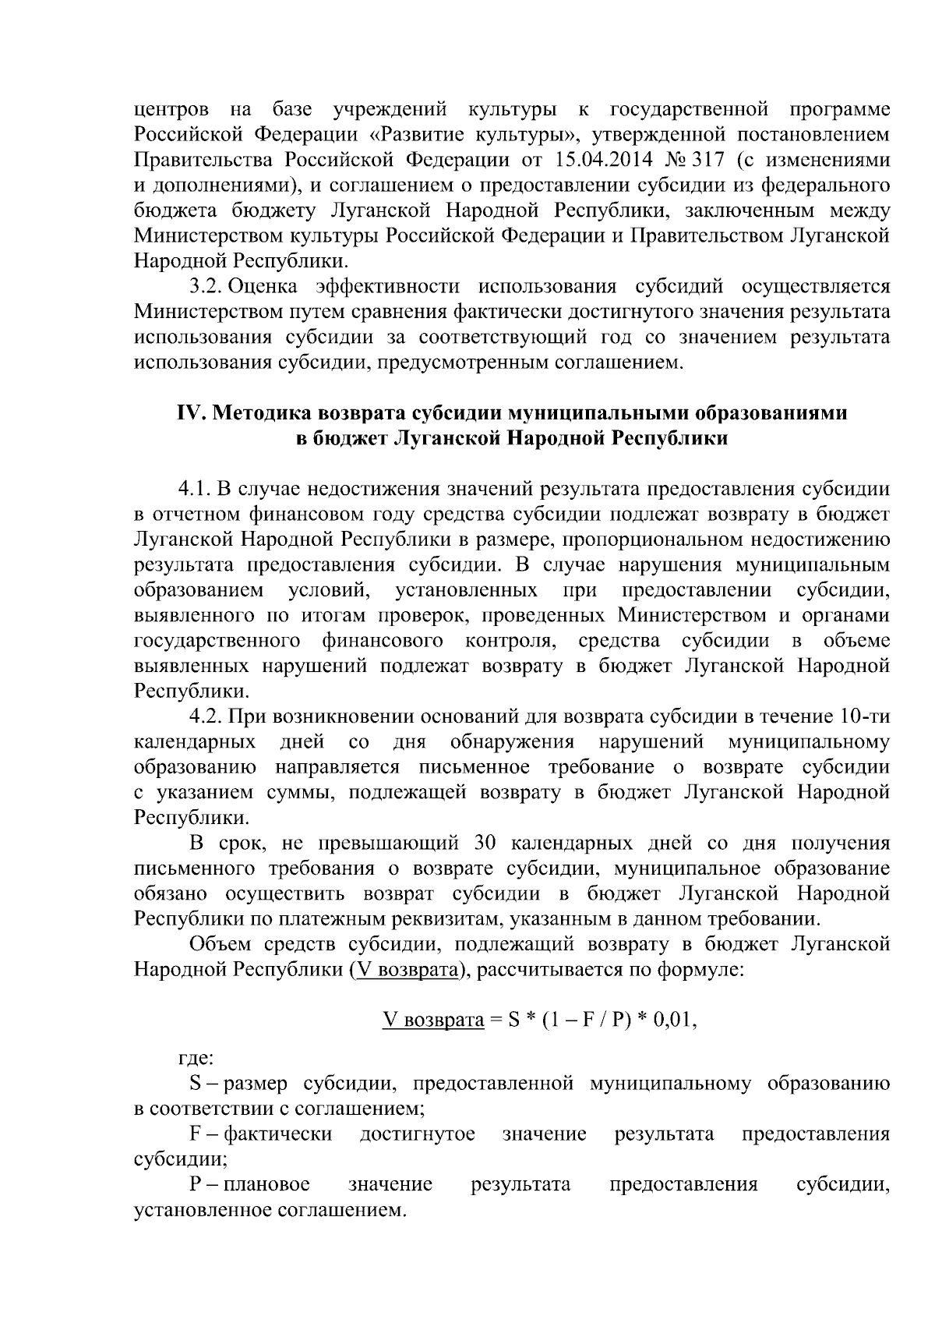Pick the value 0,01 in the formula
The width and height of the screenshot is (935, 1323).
coord(674,1021)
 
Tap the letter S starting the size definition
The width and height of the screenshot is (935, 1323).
coord(196,1084)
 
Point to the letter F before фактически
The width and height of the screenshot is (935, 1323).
coord(195,1134)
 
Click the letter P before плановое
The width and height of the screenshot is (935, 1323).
coord(195,1185)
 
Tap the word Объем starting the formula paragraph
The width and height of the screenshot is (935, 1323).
coord(218,945)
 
